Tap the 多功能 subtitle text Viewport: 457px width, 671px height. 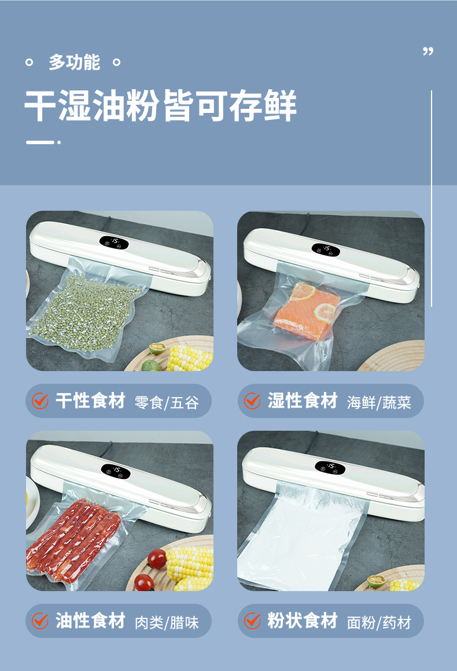pos(74,63)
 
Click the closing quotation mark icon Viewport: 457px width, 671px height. pos(428,52)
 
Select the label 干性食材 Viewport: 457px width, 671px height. pos(90,401)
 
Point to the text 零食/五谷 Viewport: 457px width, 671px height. pos(166,402)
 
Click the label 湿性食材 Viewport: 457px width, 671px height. pos(303,401)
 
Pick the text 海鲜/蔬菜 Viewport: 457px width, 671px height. pos(379,402)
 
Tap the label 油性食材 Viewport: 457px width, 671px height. pos(90,621)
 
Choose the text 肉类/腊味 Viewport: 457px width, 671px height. pos(166,622)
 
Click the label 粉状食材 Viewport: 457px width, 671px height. pos(303,621)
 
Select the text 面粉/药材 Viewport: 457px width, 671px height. pos(379,622)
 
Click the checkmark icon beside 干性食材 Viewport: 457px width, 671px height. pos(40,401)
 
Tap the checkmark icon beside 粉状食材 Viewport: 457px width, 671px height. pos(252,621)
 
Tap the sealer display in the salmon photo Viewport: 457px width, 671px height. pos(326,249)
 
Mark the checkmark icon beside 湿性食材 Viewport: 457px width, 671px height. pos(252,401)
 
